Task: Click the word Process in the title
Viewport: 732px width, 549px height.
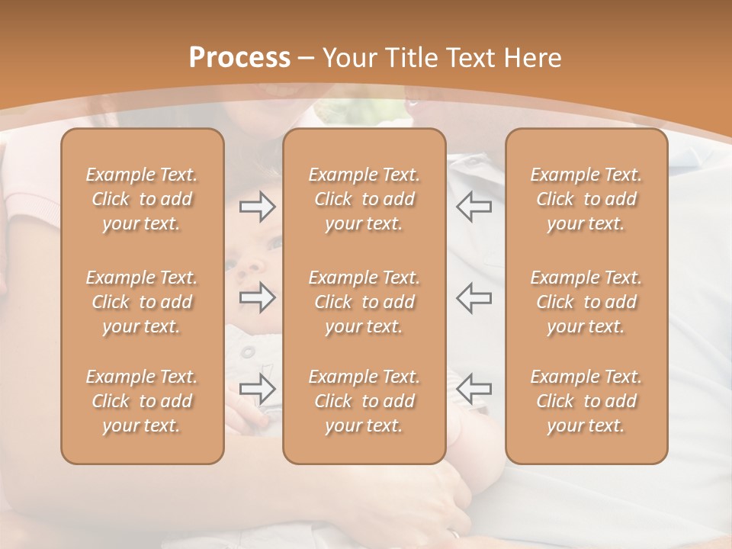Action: pyautogui.click(x=239, y=58)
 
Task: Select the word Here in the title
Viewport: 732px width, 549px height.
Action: pyautogui.click(x=533, y=58)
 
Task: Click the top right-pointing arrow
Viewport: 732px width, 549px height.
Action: pyautogui.click(x=258, y=207)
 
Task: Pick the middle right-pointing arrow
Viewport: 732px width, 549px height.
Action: pyautogui.click(x=258, y=297)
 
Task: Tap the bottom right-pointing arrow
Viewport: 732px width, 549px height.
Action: pyautogui.click(x=258, y=388)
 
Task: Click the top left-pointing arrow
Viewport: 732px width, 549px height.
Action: pyautogui.click(x=474, y=207)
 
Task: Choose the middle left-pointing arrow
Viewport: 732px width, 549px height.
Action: pyautogui.click(x=474, y=297)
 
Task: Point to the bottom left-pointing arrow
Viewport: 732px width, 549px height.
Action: pyautogui.click(x=474, y=388)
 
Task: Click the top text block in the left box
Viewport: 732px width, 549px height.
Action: pyautogui.click(x=142, y=199)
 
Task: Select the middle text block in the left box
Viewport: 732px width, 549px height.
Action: pyautogui.click(x=142, y=302)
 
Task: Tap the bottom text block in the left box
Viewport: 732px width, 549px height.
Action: pyautogui.click(x=142, y=401)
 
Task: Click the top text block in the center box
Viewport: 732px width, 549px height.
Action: pyautogui.click(x=364, y=199)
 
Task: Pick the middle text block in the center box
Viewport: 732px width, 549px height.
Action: pyautogui.click(x=364, y=302)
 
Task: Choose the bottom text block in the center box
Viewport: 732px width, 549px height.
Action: pyautogui.click(x=364, y=401)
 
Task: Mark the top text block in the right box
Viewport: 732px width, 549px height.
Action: pyautogui.click(x=586, y=199)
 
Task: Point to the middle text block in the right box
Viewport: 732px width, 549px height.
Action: pyautogui.click(x=586, y=302)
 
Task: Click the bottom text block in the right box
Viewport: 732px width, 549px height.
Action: pyautogui.click(x=586, y=401)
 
